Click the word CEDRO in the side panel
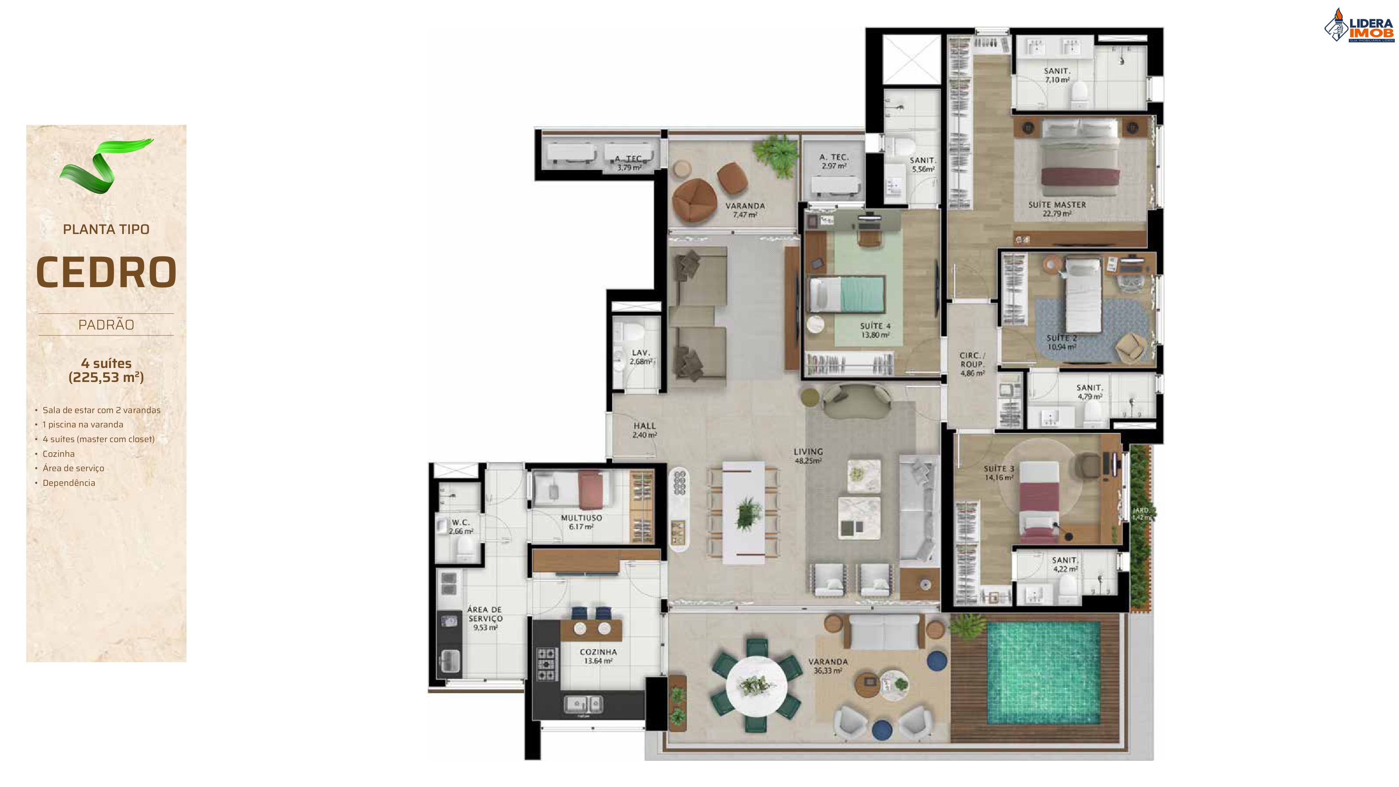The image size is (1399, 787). point(106,272)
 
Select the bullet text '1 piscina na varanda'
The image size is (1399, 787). point(83,425)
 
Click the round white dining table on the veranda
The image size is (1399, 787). point(756,685)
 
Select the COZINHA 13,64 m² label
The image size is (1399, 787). point(598,656)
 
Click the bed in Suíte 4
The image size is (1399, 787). point(848,295)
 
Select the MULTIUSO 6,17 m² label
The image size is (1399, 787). point(581,522)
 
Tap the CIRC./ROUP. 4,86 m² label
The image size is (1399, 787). point(972,364)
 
